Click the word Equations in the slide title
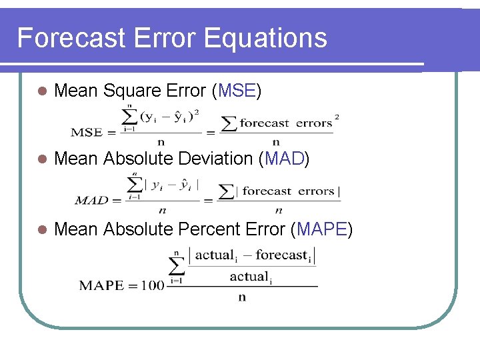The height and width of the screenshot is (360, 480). click(267, 38)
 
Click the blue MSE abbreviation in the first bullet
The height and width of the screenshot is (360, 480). click(236, 91)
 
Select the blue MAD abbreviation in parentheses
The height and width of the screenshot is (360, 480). click(285, 159)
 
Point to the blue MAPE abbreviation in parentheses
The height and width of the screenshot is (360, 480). click(322, 229)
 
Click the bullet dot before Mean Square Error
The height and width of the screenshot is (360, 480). click(41, 91)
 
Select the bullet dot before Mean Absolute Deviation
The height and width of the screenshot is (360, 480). click(41, 159)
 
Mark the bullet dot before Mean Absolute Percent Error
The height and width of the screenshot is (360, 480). click(41, 230)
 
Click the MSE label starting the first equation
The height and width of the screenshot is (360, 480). click(87, 132)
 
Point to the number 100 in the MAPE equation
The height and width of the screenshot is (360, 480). click(153, 285)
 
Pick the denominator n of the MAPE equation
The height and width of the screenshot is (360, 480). click(241, 297)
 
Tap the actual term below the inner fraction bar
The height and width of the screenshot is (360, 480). click(250, 276)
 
